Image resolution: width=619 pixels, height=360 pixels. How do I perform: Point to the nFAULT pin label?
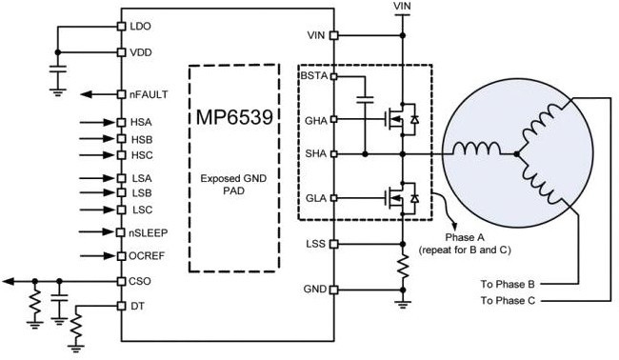point(147,94)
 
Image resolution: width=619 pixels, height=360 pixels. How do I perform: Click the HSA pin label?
point(140,123)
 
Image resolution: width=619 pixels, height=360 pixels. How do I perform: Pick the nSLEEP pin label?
point(148,232)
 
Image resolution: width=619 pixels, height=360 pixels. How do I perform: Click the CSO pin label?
point(140,281)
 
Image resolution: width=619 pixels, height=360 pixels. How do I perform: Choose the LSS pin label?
point(314,244)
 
